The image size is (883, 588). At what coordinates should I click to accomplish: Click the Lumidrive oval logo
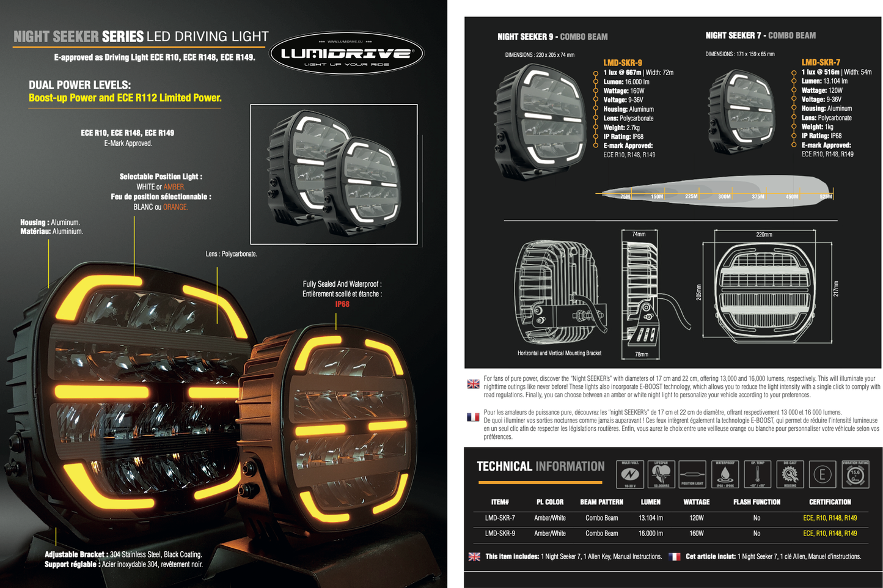click(x=346, y=54)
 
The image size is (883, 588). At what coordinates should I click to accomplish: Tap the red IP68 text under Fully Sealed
click(x=342, y=304)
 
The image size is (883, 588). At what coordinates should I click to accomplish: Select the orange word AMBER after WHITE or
click(x=174, y=187)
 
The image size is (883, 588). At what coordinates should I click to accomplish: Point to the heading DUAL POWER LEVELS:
click(x=79, y=85)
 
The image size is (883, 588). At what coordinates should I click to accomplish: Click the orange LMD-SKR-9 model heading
click(x=622, y=62)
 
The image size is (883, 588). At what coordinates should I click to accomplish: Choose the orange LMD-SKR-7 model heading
click(x=821, y=62)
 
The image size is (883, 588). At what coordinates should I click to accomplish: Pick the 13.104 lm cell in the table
click(x=650, y=518)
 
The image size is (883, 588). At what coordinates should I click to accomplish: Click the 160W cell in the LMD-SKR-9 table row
click(x=696, y=533)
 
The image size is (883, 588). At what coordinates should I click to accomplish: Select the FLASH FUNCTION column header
click(x=757, y=502)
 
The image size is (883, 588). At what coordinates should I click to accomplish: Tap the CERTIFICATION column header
click(x=830, y=502)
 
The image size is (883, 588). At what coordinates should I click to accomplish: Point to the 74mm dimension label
click(x=639, y=234)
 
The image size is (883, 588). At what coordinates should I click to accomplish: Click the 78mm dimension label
click(x=641, y=354)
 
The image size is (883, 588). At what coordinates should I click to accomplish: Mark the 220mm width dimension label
click(x=764, y=234)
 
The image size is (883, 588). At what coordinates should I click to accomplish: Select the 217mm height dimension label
click(x=836, y=289)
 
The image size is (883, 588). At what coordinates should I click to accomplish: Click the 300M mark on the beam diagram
click(x=724, y=197)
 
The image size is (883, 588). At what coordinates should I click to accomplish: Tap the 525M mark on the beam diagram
click(x=826, y=197)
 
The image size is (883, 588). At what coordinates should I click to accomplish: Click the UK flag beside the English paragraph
click(x=473, y=384)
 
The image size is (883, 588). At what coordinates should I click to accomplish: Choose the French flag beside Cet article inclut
click(x=675, y=557)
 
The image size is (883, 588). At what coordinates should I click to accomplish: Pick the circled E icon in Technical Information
click(x=823, y=474)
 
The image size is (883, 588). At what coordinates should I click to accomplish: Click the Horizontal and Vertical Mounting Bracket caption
click(x=559, y=353)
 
